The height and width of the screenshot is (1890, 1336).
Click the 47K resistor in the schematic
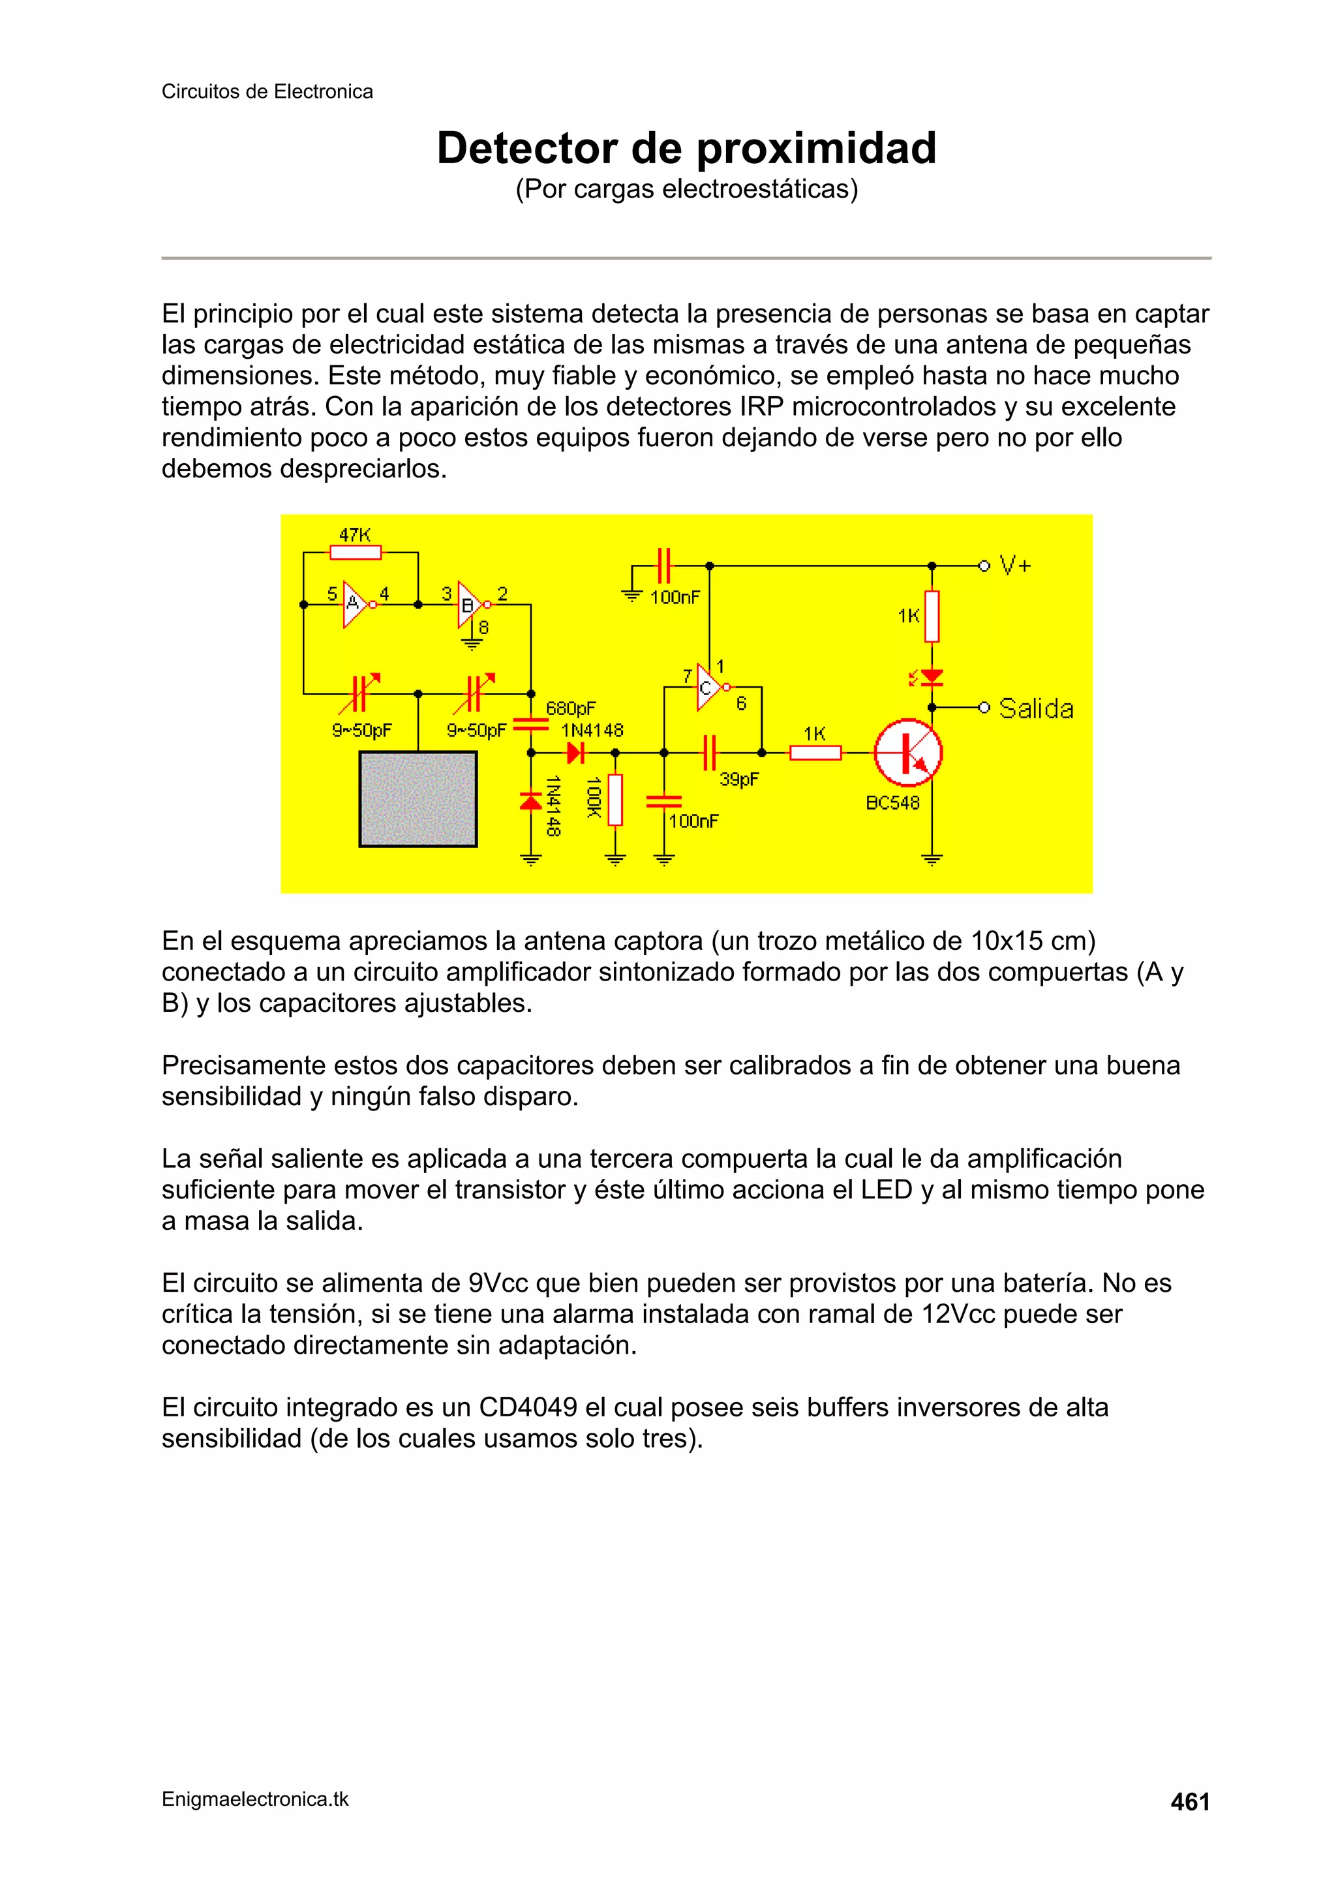[356, 553]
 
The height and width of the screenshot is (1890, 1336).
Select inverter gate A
[356, 604]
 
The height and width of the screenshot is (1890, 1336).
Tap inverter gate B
[469, 605]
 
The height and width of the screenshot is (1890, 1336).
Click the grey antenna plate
[418, 799]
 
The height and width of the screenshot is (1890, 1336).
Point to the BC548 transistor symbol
[908, 752]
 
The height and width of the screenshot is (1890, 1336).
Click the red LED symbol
[931, 677]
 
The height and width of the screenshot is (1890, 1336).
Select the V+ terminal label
[1014, 566]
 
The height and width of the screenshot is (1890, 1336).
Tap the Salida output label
[1035, 709]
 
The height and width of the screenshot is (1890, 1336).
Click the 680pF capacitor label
[570, 708]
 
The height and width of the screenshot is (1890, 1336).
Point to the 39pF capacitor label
[738, 779]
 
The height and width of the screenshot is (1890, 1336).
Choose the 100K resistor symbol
[615, 799]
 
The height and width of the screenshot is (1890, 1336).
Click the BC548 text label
[892, 802]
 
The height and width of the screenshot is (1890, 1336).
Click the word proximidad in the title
[817, 148]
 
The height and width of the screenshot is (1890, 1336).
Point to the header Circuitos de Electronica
[267, 91]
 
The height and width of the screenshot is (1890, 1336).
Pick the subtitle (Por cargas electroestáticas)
[686, 189]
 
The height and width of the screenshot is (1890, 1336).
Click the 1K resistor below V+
[931, 616]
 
